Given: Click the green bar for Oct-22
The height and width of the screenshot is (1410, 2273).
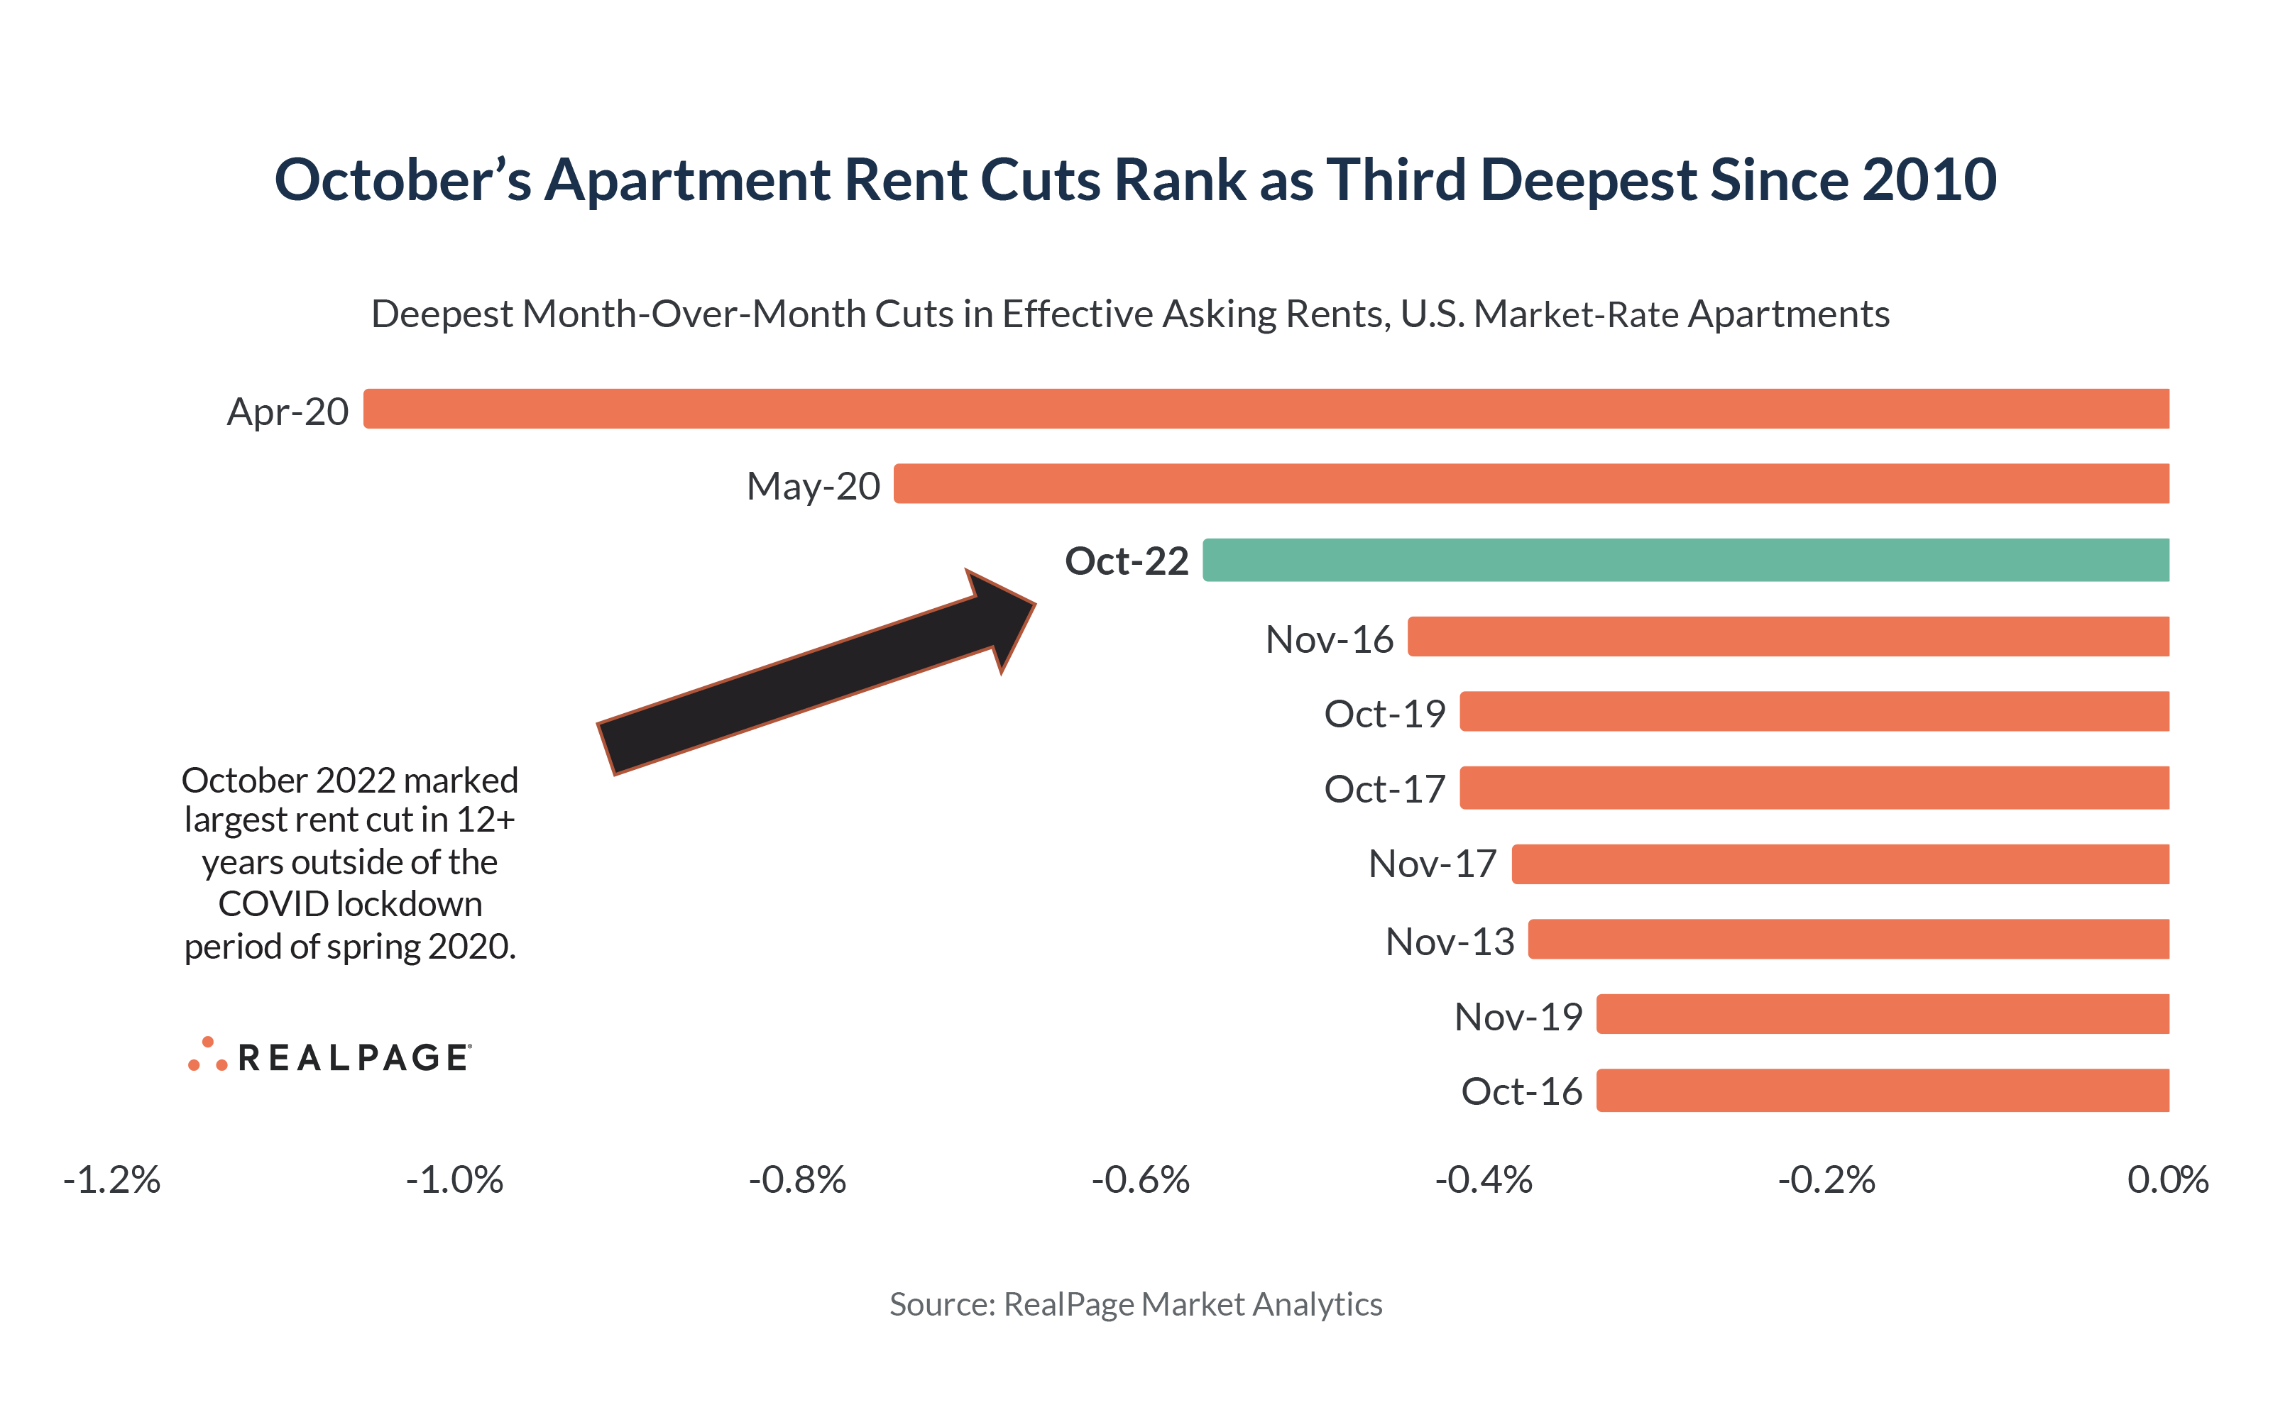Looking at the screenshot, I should [1685, 559].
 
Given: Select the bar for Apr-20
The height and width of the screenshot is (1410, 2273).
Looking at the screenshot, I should [1265, 409].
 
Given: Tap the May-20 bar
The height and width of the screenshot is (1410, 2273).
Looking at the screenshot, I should [1530, 483].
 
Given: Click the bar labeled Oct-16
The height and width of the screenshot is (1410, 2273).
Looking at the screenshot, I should [1881, 1090].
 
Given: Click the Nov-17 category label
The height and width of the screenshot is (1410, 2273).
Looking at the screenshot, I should [1431, 864].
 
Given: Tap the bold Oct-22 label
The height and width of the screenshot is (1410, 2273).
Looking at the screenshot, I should [1126, 561].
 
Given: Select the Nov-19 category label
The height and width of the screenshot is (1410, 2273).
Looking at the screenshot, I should [1518, 1016].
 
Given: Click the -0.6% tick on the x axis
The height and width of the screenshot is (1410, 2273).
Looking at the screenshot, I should [1140, 1179].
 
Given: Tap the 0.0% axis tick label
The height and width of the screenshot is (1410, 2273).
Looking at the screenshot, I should [2167, 1179].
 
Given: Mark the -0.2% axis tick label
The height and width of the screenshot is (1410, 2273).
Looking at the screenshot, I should [1825, 1179].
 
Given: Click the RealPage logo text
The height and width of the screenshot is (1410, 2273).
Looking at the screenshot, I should [354, 1057].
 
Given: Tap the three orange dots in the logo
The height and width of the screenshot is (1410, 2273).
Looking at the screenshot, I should [207, 1054].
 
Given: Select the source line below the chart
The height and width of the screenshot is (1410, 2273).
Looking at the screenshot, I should [1135, 1304].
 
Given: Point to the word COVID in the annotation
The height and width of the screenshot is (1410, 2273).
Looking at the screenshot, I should [273, 903].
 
